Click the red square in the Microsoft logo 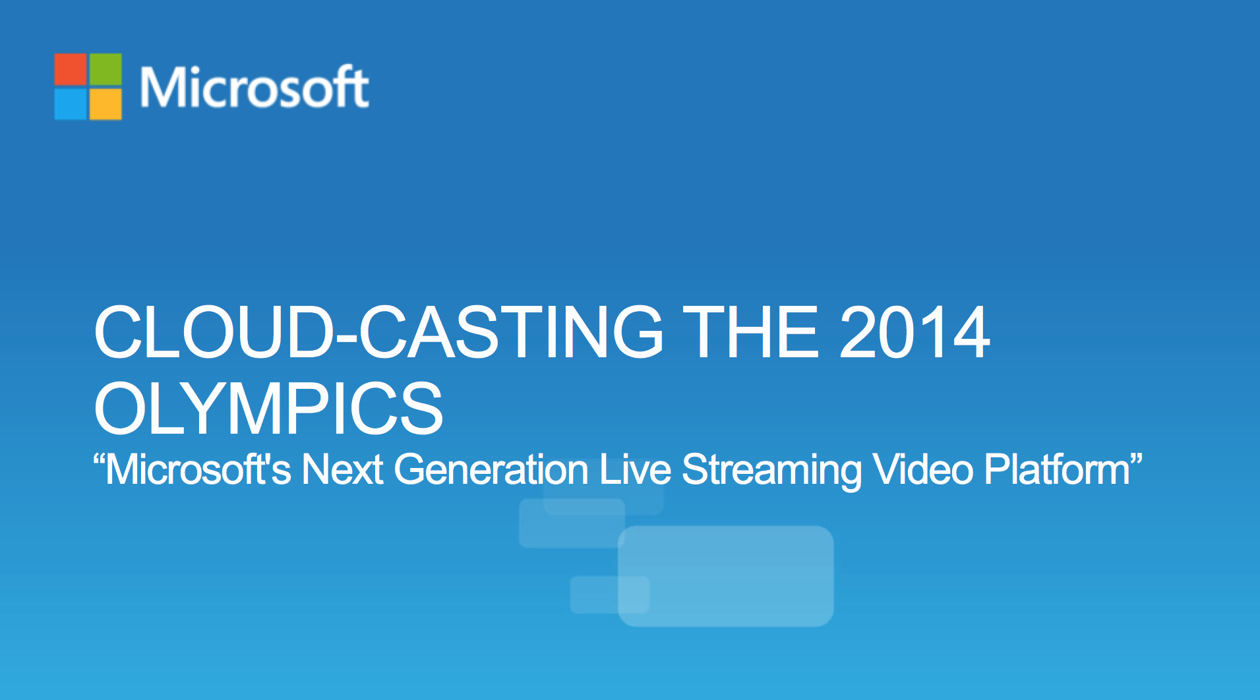point(70,69)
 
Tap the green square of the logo point(105,69)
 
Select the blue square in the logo point(70,104)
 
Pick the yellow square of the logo point(105,104)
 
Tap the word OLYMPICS point(268,409)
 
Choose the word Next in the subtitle point(342,469)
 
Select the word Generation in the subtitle point(491,469)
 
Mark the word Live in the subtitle point(635,469)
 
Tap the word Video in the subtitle point(923,469)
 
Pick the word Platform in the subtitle point(1058,469)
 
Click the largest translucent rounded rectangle point(725,575)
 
